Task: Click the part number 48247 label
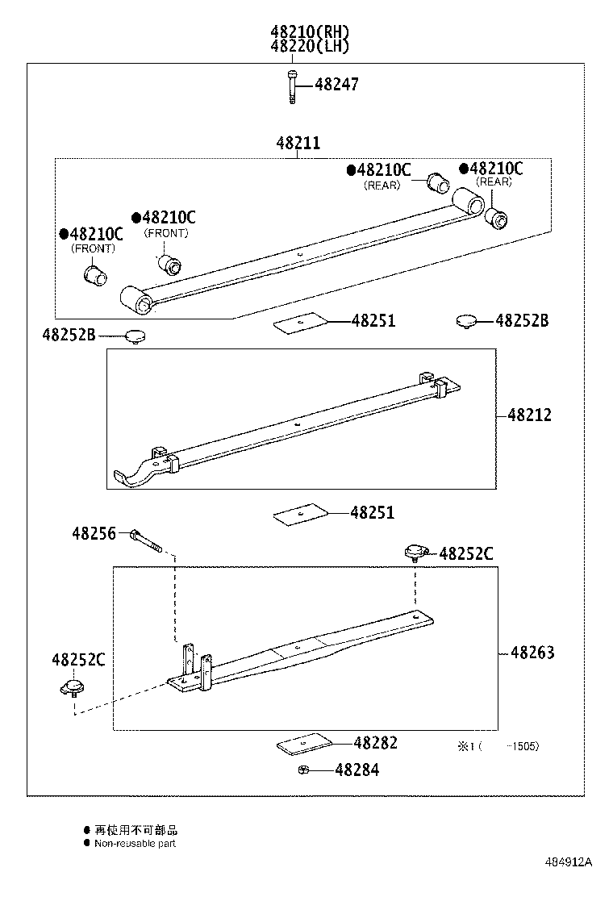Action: tap(336, 85)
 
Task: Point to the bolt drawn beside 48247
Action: tap(291, 86)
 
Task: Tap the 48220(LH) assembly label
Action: tap(310, 47)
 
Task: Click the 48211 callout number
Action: tap(298, 144)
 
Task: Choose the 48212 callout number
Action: tap(530, 415)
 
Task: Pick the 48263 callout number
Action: tap(532, 653)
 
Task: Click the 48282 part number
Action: tap(375, 743)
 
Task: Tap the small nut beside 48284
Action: tap(300, 770)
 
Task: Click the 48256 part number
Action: tap(94, 533)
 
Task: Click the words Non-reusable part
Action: tap(135, 843)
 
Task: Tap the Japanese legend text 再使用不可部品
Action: tap(136, 829)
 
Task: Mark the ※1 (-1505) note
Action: tap(498, 746)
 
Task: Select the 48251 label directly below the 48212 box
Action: tap(373, 513)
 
